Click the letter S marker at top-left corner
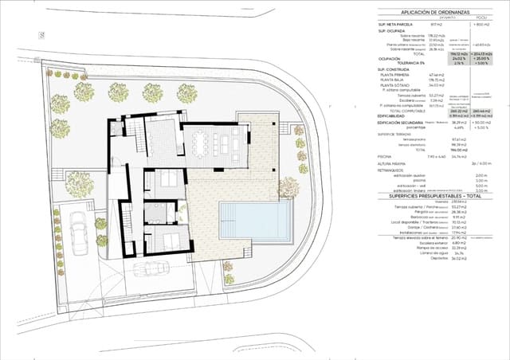pyautogui.click(x=41, y=35)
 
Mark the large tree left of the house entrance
pyautogui.click(x=80, y=182)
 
